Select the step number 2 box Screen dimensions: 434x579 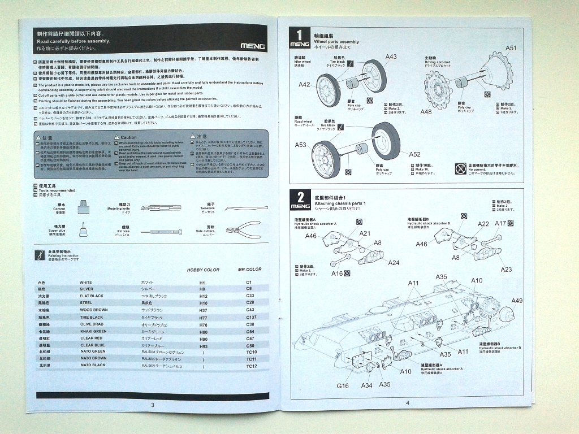pos(300,201)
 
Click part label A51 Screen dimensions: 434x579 pos(511,48)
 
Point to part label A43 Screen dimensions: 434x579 pos(391,57)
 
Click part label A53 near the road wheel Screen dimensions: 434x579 pos(300,145)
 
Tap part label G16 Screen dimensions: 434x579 pos(343,385)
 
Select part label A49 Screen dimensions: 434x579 pos(516,300)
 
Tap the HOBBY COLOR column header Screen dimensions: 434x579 pos(203,270)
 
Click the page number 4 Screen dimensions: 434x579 pos(407,402)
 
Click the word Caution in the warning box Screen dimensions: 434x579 pos(129,137)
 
